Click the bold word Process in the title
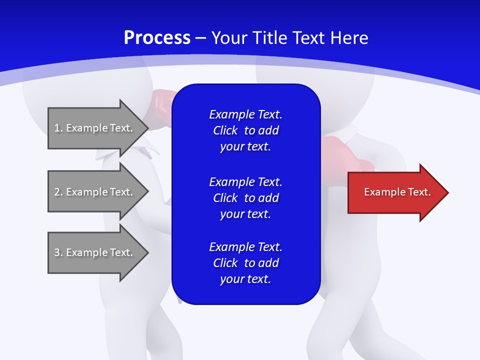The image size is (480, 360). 157,38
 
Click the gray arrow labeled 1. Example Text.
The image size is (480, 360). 95,128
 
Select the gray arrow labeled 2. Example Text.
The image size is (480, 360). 95,192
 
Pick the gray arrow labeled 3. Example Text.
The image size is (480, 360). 95,252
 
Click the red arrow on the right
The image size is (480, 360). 395,192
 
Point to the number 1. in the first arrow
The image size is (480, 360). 58,128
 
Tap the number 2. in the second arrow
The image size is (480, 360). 58,192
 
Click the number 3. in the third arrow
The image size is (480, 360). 58,252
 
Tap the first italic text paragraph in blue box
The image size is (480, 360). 245,130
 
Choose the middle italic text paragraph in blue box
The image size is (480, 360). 245,198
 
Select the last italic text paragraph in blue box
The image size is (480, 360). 245,263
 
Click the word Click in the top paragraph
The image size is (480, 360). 225,131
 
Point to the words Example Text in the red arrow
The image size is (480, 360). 397,192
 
